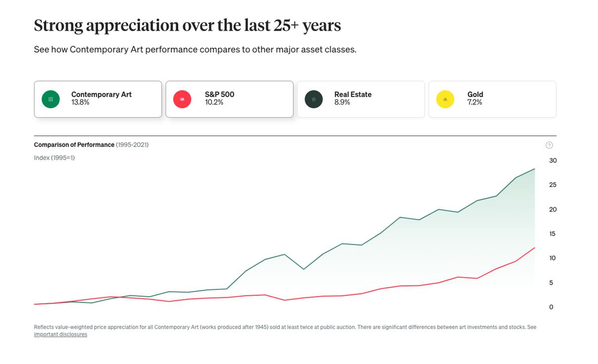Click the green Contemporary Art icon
coord(50,99)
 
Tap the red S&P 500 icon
coord(182,99)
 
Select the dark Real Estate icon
coord(313,99)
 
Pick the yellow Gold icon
coord(445,99)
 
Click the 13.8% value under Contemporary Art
coord(80,102)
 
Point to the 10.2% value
coord(214,102)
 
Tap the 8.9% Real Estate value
coord(342,102)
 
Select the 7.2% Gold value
coord(474,102)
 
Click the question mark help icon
coord(549,145)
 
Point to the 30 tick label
coord(553,160)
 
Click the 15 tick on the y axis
coord(552,233)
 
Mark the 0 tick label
coord(551,307)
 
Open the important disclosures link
coord(60,334)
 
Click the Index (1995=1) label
coord(54,158)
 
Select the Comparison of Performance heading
coord(74,145)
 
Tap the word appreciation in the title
coord(132,25)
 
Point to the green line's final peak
coord(535,169)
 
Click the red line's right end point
coord(535,248)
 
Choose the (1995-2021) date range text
coord(132,145)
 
